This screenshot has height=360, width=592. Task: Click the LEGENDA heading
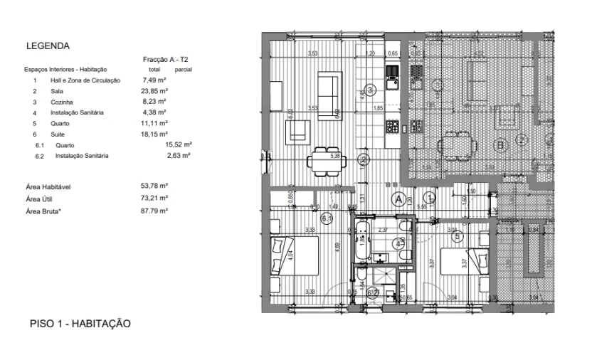click(47, 46)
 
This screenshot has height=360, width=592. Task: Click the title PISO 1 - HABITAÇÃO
click(80, 324)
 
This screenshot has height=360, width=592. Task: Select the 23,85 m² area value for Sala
click(154, 91)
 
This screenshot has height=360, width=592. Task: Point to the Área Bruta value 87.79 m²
click(154, 211)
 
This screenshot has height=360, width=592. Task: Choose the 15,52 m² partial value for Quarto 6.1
click(179, 144)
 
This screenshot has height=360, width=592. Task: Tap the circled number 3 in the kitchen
click(370, 90)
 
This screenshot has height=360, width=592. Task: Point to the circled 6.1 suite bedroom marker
click(328, 219)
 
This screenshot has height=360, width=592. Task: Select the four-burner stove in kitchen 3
click(392, 127)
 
